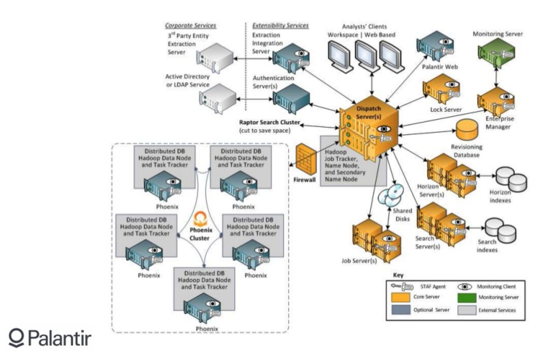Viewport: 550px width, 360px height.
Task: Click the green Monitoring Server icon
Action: [x=496, y=53]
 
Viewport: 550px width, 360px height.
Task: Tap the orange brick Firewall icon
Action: [x=306, y=159]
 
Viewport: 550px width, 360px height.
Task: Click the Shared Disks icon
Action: [x=390, y=195]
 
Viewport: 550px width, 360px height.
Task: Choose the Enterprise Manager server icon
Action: [x=496, y=102]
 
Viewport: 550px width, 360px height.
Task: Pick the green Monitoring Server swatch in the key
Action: [x=467, y=298]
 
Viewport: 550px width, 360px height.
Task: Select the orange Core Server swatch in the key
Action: [x=401, y=297]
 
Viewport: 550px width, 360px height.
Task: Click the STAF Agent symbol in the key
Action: [x=402, y=287]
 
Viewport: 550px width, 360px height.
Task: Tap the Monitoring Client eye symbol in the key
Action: [x=465, y=287]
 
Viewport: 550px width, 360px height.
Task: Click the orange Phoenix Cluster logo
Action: [x=200, y=219]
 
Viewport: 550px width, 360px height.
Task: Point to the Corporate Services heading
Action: [x=191, y=26]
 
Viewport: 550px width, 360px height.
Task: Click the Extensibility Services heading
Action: [x=280, y=26]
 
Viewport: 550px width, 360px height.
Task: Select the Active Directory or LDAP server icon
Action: [x=218, y=99]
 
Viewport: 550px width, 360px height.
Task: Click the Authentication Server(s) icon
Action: [x=291, y=99]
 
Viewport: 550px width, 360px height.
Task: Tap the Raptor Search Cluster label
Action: [x=269, y=122]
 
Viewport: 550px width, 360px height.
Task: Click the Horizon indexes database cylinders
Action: [x=511, y=179]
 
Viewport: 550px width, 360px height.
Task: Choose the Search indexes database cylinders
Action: [x=500, y=230]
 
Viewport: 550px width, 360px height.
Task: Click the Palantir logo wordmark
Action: [x=50, y=338]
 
